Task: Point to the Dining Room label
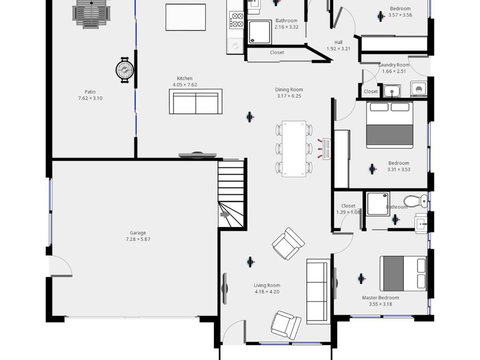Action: [x=289, y=89]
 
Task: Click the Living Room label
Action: [x=267, y=285]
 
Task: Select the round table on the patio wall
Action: [x=125, y=70]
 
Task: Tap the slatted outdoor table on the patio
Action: [x=92, y=14]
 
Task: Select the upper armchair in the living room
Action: [x=289, y=241]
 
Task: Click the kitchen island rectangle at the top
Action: [x=185, y=17]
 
